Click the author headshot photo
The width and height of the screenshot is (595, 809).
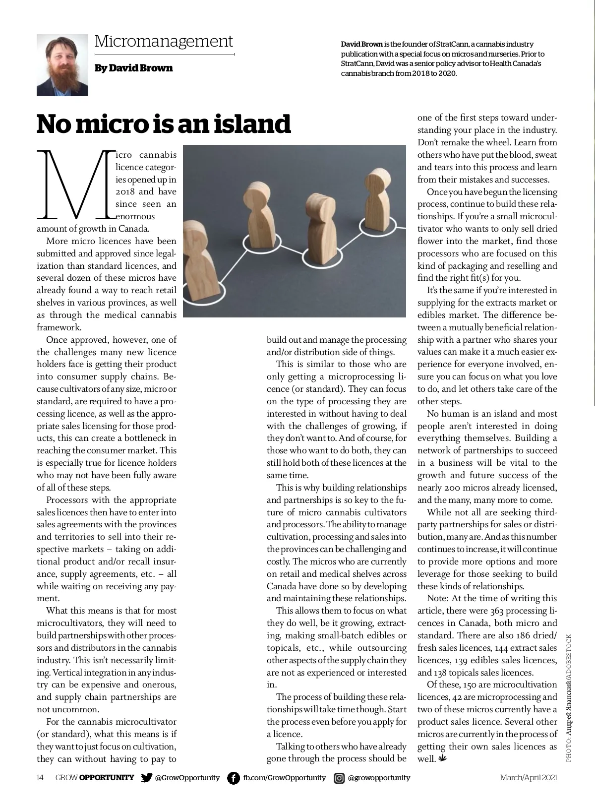pos(62,65)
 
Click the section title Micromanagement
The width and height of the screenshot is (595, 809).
pos(164,41)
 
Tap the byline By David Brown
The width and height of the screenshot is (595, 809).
pos(133,68)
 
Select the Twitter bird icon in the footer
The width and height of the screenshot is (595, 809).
pos(146,778)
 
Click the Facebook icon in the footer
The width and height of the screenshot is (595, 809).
pos(234,778)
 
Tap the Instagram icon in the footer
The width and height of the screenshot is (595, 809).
pos(339,778)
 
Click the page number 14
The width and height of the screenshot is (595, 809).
pos(40,778)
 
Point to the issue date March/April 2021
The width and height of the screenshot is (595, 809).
pos(528,778)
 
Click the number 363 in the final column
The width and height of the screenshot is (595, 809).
pos(497,611)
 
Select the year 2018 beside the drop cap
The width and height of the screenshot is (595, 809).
pos(124,192)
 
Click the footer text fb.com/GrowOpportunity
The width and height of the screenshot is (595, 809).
pos(284,778)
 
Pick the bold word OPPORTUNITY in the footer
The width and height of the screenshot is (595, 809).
pos(107,778)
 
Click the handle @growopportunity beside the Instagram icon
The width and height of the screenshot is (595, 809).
pos(379,778)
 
